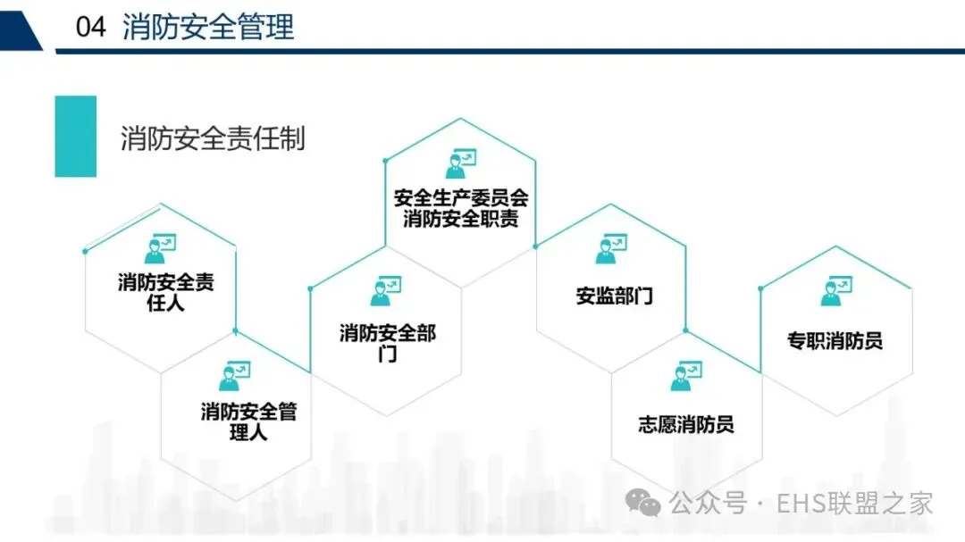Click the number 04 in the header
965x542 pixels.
coord(91,27)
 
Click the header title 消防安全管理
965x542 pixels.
coord(208,27)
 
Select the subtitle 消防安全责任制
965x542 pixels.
coord(213,138)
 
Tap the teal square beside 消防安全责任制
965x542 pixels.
coord(75,137)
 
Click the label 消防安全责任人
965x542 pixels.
coord(166,293)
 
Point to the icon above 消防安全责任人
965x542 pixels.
coord(160,246)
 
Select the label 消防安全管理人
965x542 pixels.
coord(248,421)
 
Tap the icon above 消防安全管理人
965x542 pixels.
coord(235,375)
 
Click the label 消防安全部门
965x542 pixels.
coord(387,343)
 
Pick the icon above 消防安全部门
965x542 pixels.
coord(386,290)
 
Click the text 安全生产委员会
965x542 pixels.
coord(461,198)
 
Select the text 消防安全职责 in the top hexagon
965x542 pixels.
coord(461,218)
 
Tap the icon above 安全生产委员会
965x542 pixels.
coord(461,163)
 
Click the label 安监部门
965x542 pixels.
coord(615,296)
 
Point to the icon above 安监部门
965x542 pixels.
coord(611,248)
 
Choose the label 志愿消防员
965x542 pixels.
coord(686,424)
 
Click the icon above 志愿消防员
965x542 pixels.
coord(686,375)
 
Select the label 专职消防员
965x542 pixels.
coord(835,340)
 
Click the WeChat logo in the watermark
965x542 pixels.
coord(643,503)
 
